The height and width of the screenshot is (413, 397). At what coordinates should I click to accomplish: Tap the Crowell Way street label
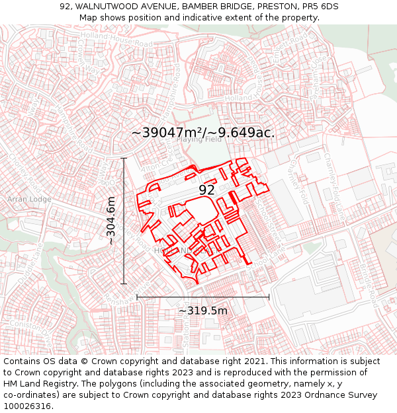87,53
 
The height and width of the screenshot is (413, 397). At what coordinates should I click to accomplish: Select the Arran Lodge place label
29,199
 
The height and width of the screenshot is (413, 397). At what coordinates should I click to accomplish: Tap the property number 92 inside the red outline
206,190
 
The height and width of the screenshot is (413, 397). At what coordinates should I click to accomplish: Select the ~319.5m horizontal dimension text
203,311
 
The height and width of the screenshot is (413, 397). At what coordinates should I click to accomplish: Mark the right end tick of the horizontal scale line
269,297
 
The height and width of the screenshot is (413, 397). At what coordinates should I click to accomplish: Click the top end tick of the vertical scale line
124,159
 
